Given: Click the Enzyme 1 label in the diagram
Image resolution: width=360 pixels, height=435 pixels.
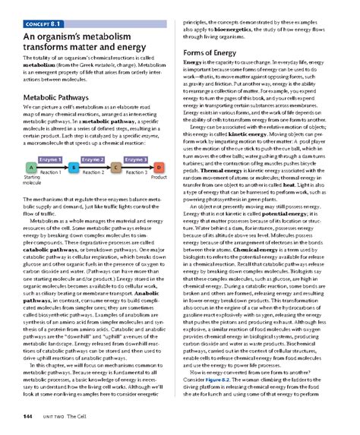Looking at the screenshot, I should click(50, 159).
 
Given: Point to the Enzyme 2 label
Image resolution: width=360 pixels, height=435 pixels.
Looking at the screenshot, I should click(93, 159).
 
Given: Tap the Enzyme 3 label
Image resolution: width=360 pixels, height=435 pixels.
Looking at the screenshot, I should click(136, 159).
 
